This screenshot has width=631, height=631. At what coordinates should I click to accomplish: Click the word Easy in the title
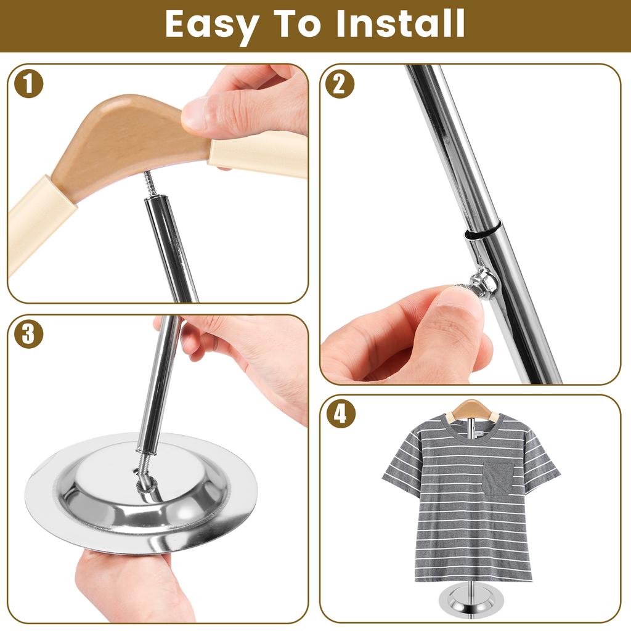point(210,25)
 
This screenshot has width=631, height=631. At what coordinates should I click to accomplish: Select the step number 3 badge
point(29,335)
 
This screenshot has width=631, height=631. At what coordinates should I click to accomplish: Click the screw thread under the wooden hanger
point(150,183)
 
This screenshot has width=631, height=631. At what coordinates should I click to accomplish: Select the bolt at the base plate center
point(142,478)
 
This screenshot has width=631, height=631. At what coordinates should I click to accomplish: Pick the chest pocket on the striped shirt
point(497,478)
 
